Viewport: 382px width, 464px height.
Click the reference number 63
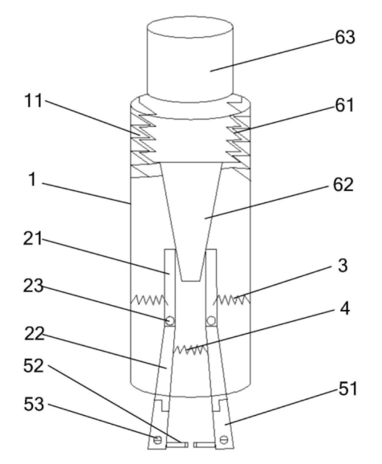tap(345, 38)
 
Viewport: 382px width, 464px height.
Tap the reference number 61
tap(344, 105)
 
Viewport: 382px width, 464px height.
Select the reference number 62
tap(343, 185)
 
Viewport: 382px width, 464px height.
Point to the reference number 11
tap(34, 100)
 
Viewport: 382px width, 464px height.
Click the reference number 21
tap(33, 238)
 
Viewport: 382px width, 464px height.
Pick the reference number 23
tap(33, 286)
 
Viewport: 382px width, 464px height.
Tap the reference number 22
tap(34, 333)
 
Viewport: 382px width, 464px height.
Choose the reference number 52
tap(34, 366)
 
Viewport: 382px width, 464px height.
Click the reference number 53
tap(34, 405)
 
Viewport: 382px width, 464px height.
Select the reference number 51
tap(348, 389)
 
